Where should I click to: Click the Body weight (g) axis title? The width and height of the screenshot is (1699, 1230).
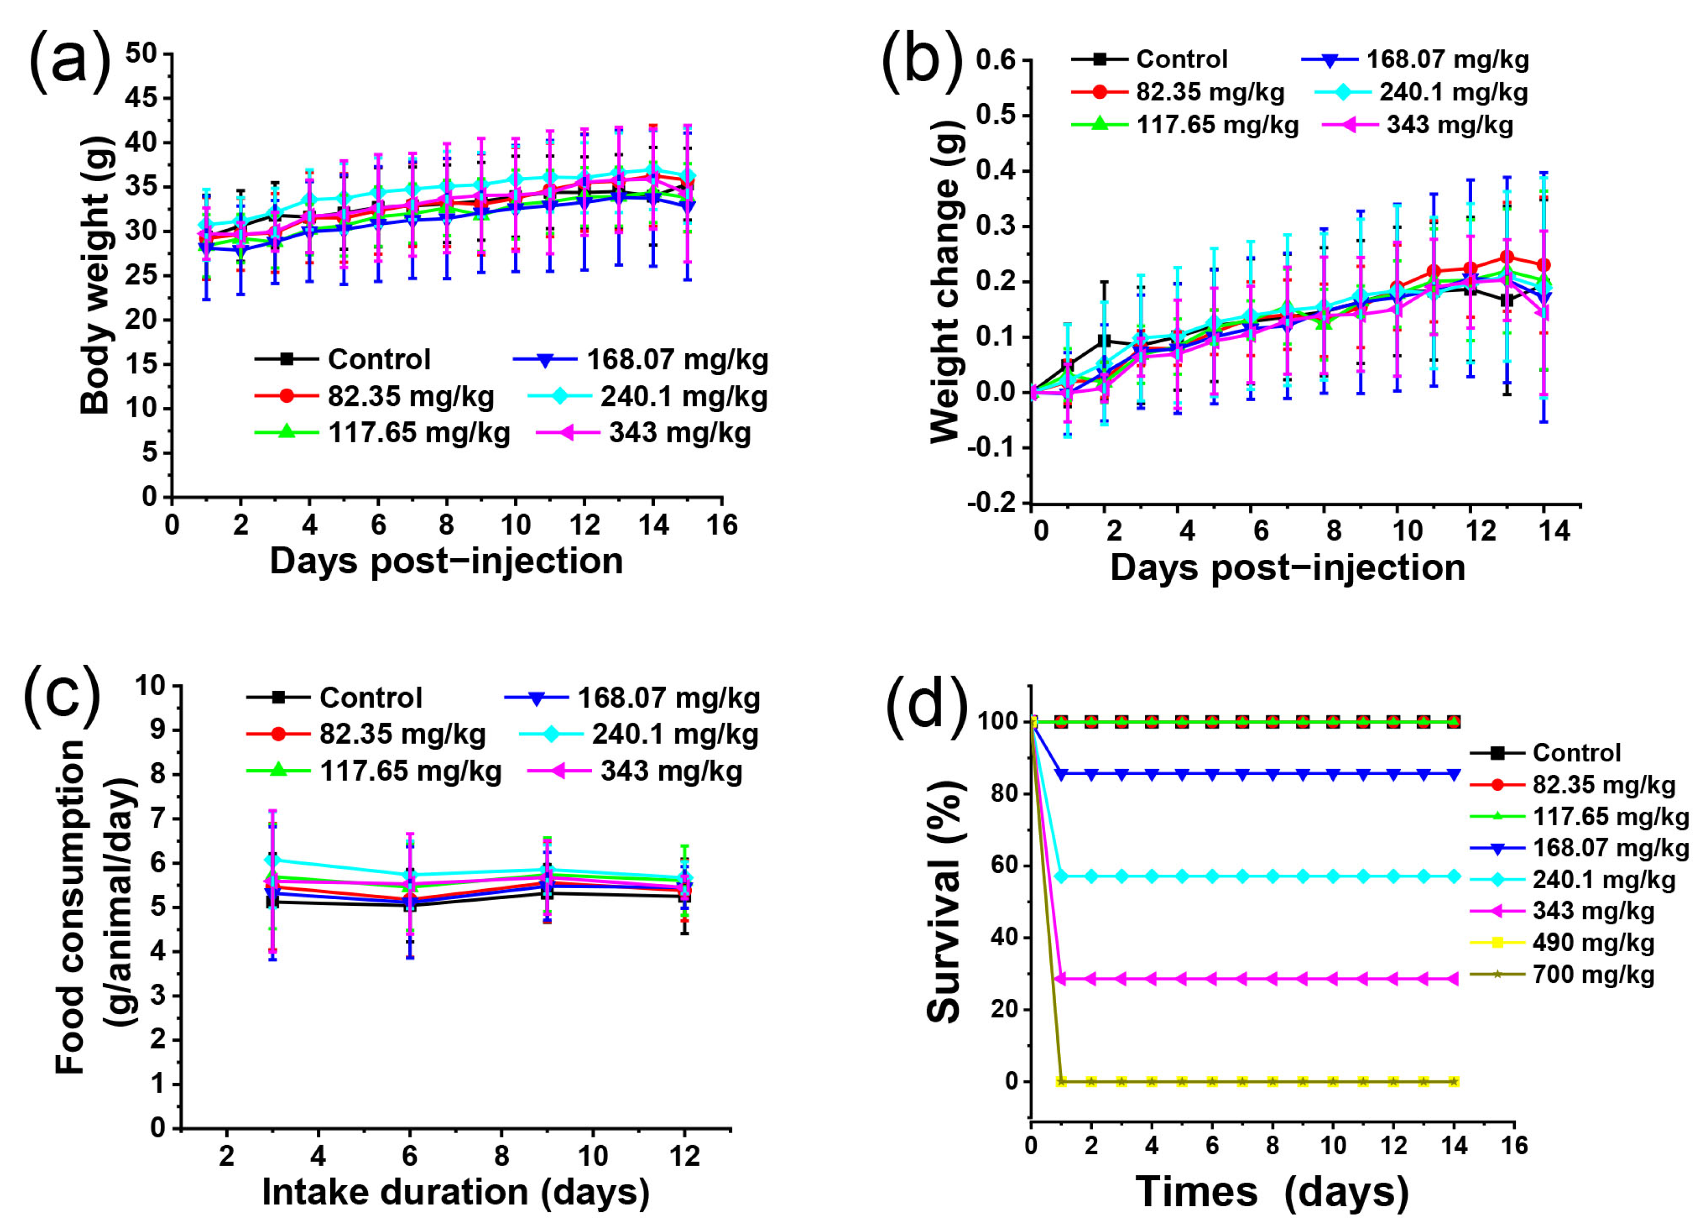(96, 273)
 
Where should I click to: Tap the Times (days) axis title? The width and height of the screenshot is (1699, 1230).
(1271, 1191)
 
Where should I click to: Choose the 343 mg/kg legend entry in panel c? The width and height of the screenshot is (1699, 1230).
(635, 771)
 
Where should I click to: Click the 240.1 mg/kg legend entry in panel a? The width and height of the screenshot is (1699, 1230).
(652, 396)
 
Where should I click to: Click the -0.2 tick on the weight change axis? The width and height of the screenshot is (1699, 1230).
(992, 503)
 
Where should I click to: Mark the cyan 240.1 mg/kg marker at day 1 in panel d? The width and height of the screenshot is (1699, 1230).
(1061, 876)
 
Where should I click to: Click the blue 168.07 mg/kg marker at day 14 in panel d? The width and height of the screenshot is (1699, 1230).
(1454, 775)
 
